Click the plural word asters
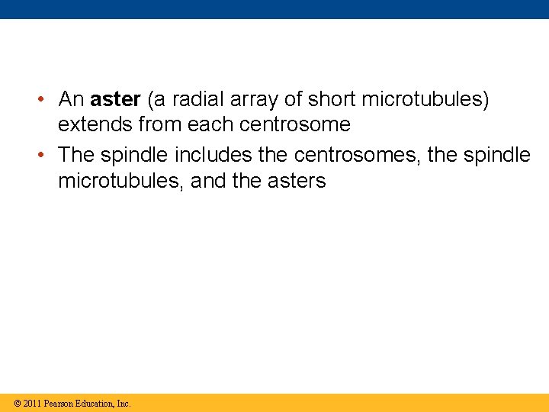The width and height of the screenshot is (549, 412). tap(295, 181)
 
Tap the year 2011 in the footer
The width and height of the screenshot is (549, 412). tap(32, 404)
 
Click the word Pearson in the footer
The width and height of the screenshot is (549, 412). tap(60, 404)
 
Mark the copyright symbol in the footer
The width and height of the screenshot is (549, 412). tap(16, 404)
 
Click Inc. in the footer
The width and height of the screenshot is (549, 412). tap(124, 404)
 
